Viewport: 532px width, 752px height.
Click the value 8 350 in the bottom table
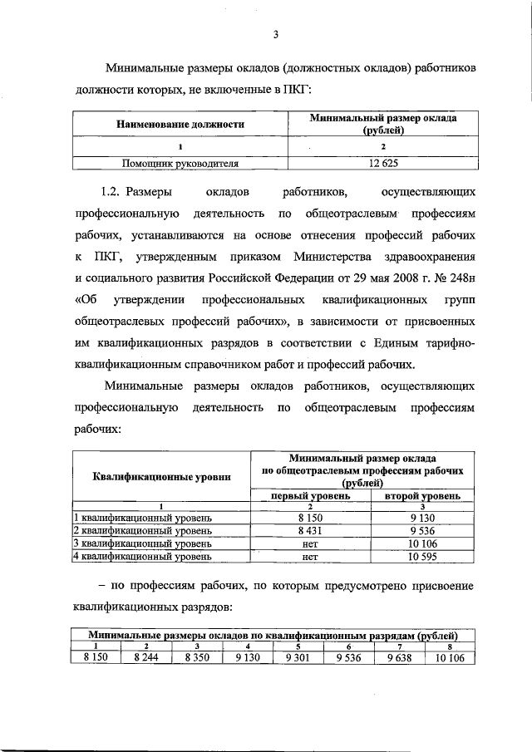coord(197,656)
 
